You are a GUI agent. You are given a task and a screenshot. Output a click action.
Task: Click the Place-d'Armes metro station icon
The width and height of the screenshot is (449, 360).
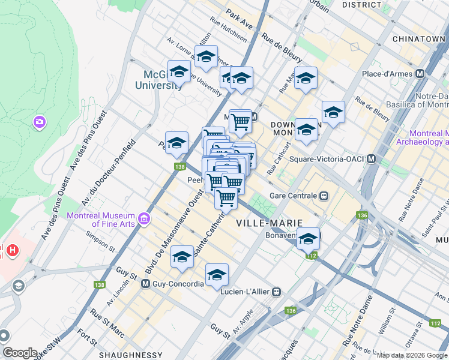(x=420, y=74)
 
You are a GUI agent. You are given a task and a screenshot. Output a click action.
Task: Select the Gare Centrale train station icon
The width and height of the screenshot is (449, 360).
(x=324, y=196)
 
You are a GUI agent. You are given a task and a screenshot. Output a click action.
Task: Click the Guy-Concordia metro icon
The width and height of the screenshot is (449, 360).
(x=145, y=284)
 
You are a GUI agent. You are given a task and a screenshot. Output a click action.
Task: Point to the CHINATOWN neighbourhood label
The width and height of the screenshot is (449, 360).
(x=418, y=39)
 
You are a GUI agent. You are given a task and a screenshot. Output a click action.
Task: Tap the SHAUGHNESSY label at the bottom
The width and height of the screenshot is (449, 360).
(x=133, y=355)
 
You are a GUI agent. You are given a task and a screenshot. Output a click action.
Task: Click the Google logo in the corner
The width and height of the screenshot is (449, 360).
(x=20, y=353)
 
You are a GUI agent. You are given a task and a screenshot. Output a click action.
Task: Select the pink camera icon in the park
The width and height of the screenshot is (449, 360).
(x=40, y=122)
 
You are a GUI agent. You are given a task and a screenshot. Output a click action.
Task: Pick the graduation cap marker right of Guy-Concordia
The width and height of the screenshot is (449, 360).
(x=217, y=274)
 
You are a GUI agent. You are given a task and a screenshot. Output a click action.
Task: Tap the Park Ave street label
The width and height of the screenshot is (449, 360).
(x=240, y=23)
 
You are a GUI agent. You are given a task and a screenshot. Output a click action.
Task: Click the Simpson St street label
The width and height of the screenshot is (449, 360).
(x=100, y=240)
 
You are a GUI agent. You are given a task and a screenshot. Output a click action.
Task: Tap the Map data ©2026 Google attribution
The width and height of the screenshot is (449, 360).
(x=412, y=355)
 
